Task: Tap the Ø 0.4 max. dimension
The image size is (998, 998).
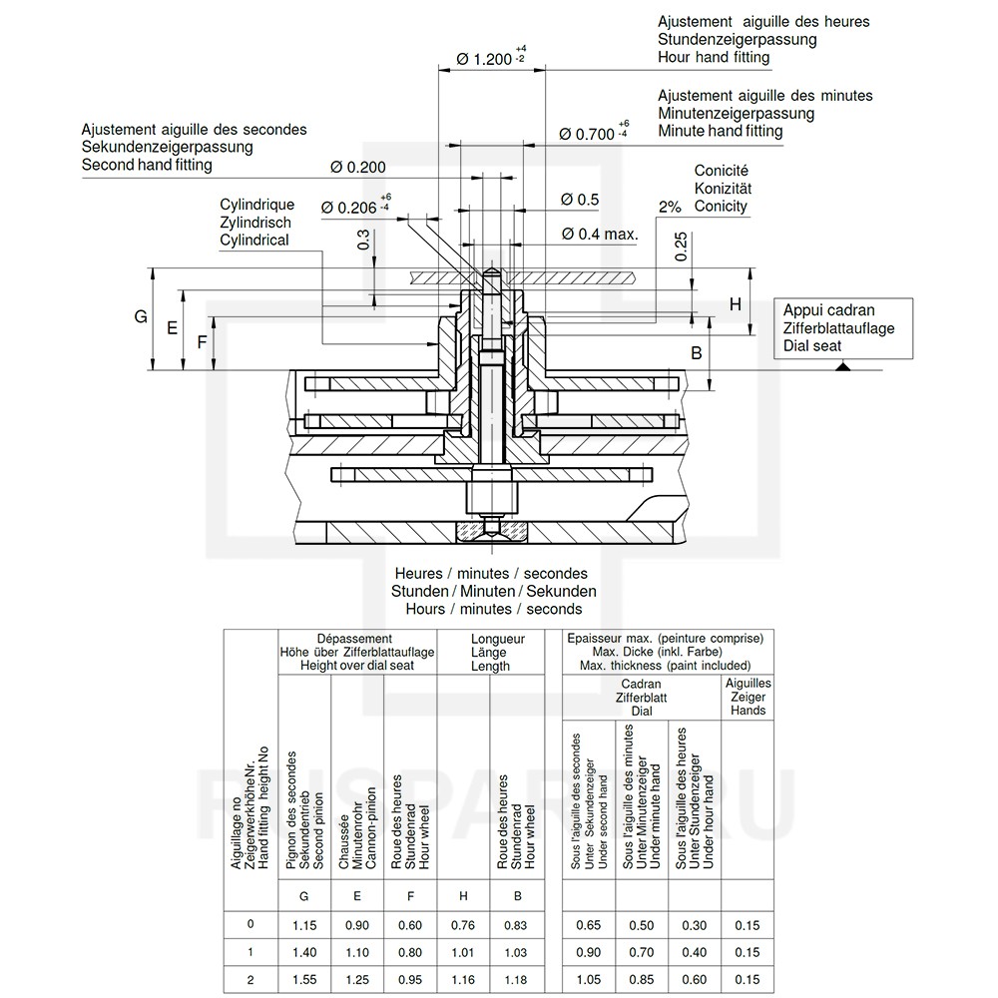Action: click(x=599, y=234)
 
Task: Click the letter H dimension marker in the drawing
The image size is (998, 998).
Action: click(x=735, y=303)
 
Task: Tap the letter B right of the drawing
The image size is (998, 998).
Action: click(x=697, y=352)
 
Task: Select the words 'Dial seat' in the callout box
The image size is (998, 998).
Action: click(x=812, y=346)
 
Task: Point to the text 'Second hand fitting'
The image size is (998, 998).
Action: click(x=147, y=165)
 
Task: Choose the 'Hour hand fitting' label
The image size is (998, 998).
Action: click(x=714, y=57)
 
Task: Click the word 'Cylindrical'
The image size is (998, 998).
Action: click(x=254, y=241)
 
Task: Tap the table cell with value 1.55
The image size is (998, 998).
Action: click(x=304, y=980)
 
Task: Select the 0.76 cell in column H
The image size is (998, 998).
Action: click(x=463, y=925)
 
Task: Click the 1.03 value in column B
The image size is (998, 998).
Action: click(x=517, y=953)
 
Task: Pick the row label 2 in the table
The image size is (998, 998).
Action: click(x=250, y=980)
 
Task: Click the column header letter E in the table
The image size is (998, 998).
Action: click(x=357, y=896)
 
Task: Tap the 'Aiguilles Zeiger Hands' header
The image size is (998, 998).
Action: click(x=748, y=697)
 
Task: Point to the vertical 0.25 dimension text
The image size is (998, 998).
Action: click(x=680, y=247)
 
